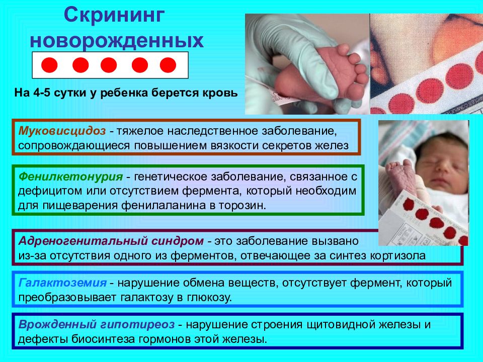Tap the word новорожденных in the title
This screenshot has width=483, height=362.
pyautogui.click(x=117, y=40)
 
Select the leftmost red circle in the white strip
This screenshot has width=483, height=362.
pyautogui.click(x=49, y=65)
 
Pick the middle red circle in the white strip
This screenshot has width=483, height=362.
pyautogui.click(x=109, y=65)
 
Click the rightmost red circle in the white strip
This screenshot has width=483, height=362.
pyautogui.click(x=168, y=65)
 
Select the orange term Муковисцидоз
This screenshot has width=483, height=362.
pyautogui.click(x=62, y=131)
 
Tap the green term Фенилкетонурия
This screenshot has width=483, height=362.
pyautogui.click(x=70, y=176)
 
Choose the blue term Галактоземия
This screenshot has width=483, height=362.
pyautogui.click(x=62, y=283)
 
